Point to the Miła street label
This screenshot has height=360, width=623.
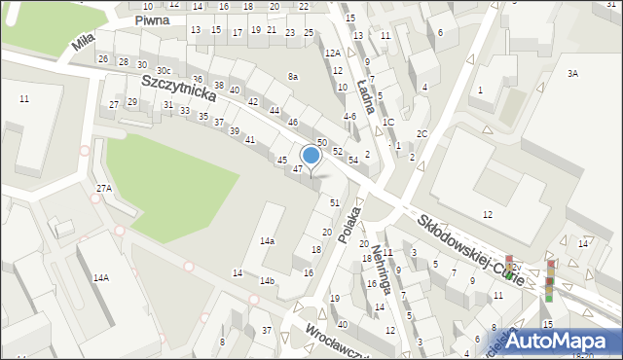(84, 43)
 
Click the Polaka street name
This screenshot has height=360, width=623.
(347, 222)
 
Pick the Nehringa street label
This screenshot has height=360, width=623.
(380, 260)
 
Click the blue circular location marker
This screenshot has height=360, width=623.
(311, 155)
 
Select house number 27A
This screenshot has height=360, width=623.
(103, 188)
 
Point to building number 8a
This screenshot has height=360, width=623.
(292, 76)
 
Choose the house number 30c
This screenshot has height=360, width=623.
(164, 70)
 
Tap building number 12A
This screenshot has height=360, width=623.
(332, 53)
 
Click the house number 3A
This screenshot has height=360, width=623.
(572, 73)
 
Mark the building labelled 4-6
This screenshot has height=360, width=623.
(349, 117)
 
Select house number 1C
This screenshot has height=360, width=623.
(387, 122)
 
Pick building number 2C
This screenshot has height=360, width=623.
(421, 133)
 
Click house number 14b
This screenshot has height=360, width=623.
(267, 280)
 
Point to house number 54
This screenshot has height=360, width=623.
(353, 159)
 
